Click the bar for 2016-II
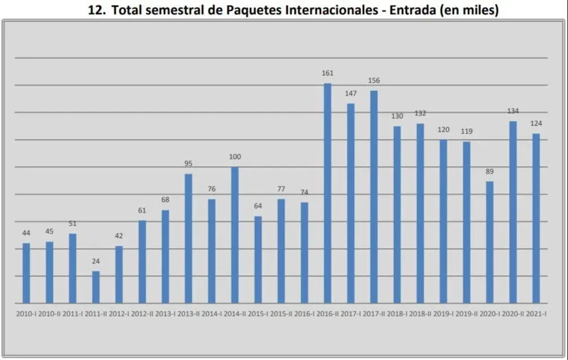(327, 193)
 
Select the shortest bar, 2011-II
(96, 287)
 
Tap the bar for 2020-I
(489, 242)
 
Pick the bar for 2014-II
(235, 235)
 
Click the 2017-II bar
(374, 197)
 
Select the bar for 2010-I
(26, 273)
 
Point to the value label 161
(328, 73)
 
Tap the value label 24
(96, 261)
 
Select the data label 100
(235, 157)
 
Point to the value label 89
(489, 171)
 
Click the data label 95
(188, 164)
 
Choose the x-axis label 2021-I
(536, 313)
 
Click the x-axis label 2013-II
(188, 313)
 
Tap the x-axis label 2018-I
(397, 313)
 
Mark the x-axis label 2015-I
(258, 313)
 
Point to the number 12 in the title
(96, 11)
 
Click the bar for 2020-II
(513, 212)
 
